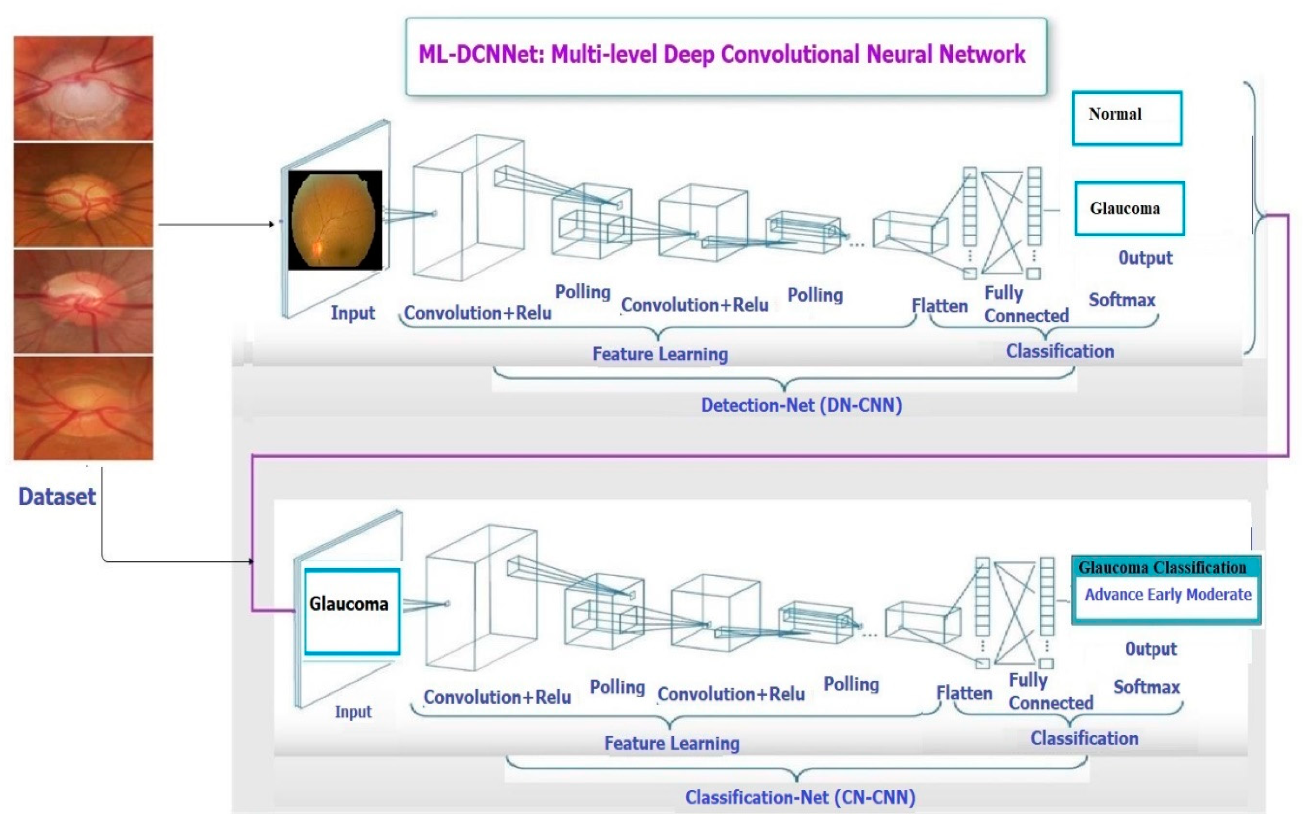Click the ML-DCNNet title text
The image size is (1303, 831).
(721, 55)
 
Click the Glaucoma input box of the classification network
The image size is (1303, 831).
(352, 611)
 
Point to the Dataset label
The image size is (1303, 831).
(57, 496)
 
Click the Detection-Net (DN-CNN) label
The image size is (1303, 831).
(802, 405)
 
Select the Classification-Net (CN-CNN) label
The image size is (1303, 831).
(800, 797)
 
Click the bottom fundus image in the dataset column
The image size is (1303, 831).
(83, 408)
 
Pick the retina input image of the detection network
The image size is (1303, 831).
(335, 220)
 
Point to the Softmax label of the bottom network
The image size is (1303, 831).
(1146, 687)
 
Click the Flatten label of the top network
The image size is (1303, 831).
(939, 306)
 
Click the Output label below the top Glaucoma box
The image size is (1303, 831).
(1145, 258)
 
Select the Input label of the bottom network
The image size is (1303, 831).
(353, 712)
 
